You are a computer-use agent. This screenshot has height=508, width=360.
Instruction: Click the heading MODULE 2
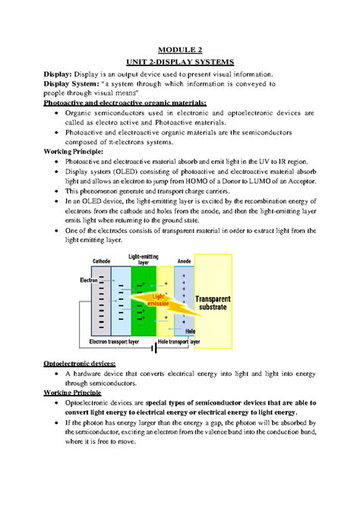coord(179,45)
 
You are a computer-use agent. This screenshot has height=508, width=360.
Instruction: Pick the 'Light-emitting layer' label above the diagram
coord(144,260)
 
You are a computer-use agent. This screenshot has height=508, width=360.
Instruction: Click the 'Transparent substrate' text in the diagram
coord(222,305)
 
